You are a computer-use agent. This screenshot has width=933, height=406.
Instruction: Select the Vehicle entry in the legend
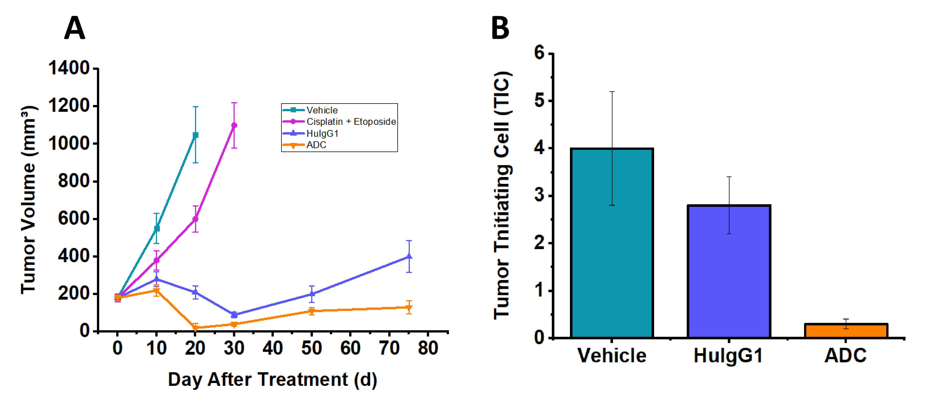pos(322,110)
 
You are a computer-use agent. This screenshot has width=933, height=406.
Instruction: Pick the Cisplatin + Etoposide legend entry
pos(351,122)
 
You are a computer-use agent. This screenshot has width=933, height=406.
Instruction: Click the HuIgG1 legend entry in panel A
pos(322,133)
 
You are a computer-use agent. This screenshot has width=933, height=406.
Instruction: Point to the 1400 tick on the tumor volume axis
pos(69,68)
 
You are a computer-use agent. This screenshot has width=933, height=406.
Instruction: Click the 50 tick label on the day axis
pos(311,348)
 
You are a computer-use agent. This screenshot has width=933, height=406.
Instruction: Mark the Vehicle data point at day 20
pos(195,135)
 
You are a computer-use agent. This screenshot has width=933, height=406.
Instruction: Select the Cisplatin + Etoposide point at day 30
pos(234,125)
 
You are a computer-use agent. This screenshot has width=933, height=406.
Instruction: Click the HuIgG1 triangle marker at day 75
pos(409,257)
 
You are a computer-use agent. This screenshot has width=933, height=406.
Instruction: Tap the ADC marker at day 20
pos(196,328)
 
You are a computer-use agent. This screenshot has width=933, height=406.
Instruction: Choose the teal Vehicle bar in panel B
pos(612,243)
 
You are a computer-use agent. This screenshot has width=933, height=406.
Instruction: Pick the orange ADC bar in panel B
pos(846,331)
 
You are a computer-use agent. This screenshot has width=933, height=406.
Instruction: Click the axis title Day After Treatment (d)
pos(272,380)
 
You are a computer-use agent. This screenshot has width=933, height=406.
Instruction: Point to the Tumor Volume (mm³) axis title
pos(28,199)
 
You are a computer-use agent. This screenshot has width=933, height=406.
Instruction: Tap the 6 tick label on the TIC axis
pos(539,54)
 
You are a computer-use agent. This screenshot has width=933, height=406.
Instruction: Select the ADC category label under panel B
pos(846,355)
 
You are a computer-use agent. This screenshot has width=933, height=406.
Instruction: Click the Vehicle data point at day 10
pos(156,229)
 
